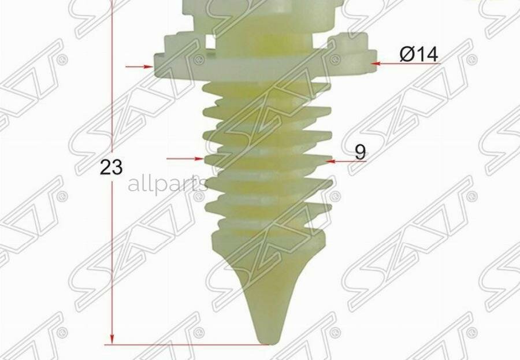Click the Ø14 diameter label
click(419, 54)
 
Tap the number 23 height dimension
click(112, 167)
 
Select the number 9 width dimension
click(360, 153)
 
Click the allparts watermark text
click(168, 185)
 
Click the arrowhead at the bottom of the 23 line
click(112, 339)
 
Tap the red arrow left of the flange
click(139, 66)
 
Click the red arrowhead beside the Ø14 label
click(376, 63)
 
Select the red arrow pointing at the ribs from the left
click(185, 158)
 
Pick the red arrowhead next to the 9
click(330, 162)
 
